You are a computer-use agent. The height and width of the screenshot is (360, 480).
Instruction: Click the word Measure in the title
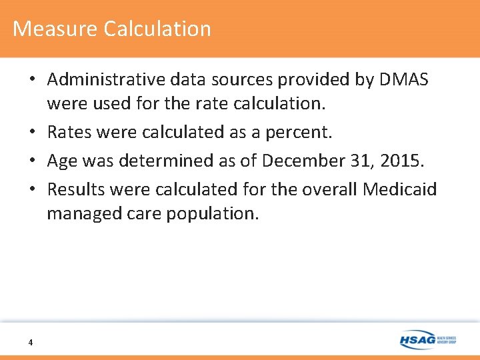[x=55, y=29]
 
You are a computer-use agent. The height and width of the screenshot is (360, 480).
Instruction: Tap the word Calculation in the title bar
[x=157, y=29]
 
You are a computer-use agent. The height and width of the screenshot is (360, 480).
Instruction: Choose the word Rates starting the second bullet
[x=69, y=132]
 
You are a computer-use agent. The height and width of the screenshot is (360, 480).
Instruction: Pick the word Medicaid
[x=400, y=189]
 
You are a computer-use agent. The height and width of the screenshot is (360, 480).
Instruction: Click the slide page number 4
[x=31, y=343]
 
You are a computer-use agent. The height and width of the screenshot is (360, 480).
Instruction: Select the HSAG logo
[x=427, y=340]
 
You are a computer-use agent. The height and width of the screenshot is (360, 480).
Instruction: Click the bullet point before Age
[x=32, y=161]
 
